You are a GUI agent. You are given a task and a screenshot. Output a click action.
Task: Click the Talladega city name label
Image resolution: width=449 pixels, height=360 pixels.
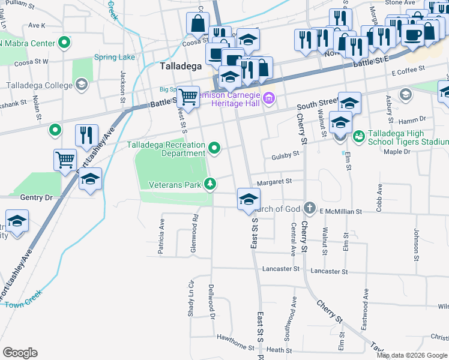pos(180,67)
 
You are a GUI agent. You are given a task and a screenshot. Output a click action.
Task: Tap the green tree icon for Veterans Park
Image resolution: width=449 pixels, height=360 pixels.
pos(210,184)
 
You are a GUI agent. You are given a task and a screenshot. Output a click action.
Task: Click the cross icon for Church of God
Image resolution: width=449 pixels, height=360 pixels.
pos(309,208)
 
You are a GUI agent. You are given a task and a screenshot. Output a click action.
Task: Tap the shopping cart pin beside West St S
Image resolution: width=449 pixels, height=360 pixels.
pos(188,95)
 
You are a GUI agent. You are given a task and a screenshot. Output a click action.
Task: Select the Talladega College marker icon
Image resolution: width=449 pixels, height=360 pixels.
pos(81,85)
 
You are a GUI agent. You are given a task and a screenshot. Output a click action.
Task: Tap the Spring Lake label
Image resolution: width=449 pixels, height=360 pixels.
pos(114,58)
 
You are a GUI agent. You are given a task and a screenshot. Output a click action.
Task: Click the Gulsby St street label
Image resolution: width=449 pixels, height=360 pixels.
pos(286,155)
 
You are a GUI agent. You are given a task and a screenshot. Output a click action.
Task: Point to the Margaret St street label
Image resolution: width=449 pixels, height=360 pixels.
pos(274,181)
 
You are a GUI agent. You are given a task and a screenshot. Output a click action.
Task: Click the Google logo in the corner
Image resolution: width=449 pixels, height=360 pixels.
pos(20,353)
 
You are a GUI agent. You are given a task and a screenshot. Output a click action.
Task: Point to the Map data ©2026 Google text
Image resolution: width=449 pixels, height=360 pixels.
pos(412,355)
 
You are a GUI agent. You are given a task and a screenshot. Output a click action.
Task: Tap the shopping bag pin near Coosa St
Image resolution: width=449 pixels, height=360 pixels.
pos(197,23)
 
